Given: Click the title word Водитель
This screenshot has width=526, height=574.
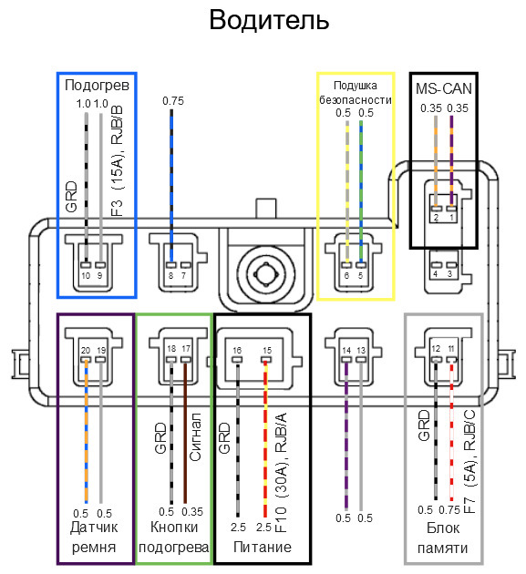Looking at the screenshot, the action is pos(269,20).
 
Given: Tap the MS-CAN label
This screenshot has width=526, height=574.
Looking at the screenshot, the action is pos(444,88).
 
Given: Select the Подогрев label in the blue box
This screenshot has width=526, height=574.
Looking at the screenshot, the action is pos(97,86).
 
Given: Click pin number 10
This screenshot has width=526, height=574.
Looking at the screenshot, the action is pos(86,275).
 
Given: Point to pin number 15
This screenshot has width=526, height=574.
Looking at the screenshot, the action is pos(267,351).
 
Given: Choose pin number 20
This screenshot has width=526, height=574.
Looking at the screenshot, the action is pos(86,351).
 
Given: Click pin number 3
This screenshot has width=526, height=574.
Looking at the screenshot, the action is pos(449,273).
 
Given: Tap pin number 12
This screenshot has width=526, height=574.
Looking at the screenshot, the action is pos(436,348).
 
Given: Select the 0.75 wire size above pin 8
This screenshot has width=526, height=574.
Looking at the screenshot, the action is pos(173,101).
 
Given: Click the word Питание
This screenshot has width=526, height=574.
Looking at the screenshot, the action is pos(263,547).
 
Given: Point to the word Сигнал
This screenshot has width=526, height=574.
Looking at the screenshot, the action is pos(196,436).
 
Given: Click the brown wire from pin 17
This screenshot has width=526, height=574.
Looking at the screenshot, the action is pos(185,433).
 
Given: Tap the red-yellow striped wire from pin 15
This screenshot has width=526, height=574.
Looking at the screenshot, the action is pos(265,439).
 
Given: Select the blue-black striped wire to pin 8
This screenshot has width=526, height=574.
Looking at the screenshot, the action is pos(171,186).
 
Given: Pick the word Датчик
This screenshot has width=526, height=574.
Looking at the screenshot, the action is pos(94,528).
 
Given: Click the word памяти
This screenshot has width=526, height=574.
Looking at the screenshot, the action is pos(442,548).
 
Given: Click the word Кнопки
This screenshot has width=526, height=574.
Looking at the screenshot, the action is pos(174,528).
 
